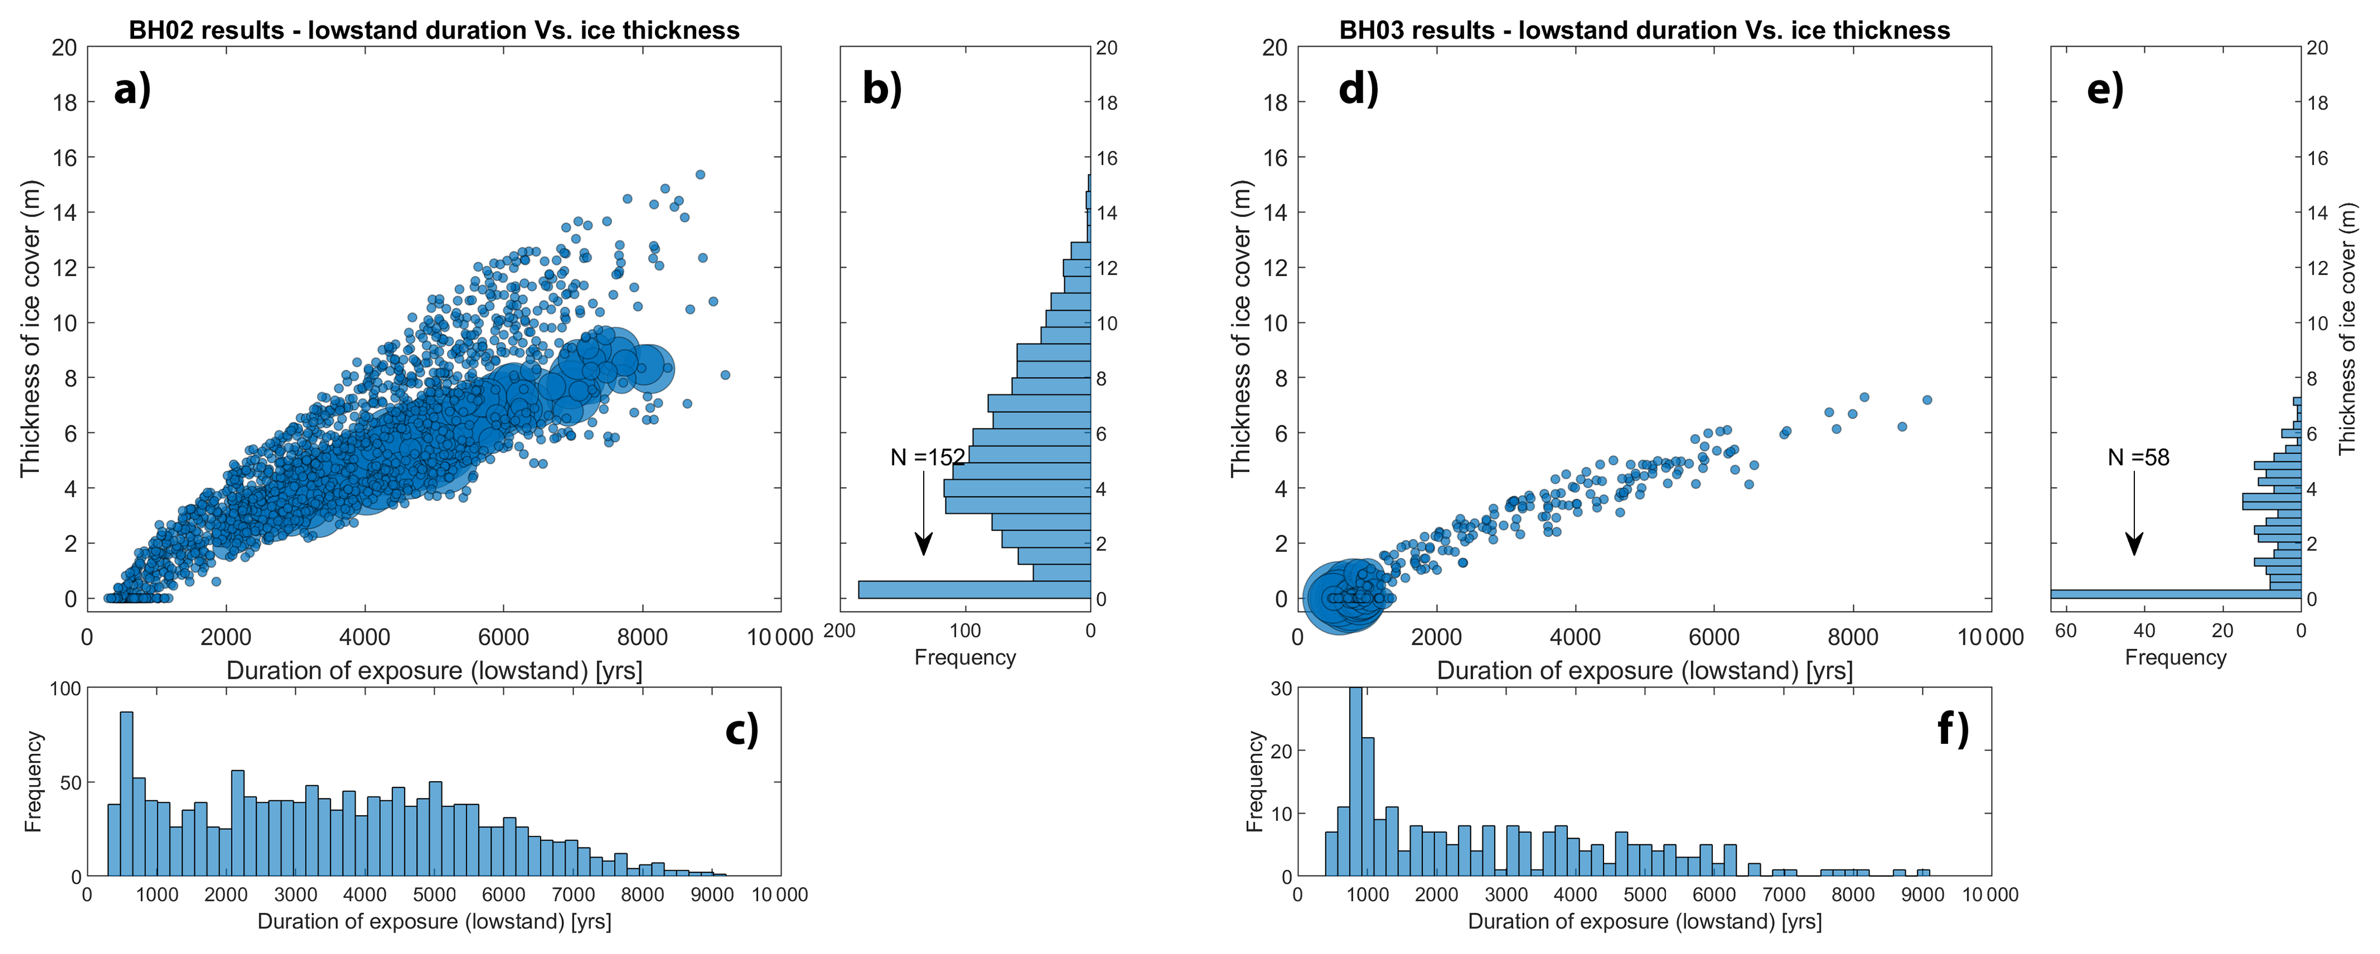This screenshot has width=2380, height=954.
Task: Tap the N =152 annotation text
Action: click(928, 457)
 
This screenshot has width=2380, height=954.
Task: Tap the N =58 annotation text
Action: click(2138, 457)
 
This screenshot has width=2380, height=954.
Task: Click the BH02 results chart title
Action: click(434, 31)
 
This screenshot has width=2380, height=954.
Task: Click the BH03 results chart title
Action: click(1645, 31)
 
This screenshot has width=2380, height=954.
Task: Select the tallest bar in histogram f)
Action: click(1356, 781)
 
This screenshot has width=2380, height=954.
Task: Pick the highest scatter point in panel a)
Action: click(700, 174)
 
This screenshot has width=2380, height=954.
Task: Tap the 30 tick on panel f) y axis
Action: click(1281, 689)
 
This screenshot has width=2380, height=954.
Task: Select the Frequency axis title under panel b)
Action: click(964, 657)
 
